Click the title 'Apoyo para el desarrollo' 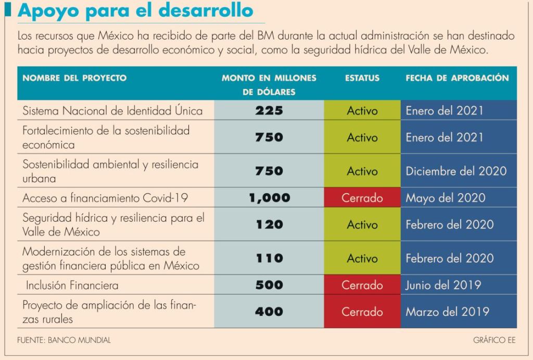click(x=136, y=11)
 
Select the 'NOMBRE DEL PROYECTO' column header click(x=74, y=78)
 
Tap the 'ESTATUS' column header click(x=362, y=78)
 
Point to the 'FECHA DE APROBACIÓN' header click(x=457, y=78)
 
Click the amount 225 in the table click(x=269, y=111)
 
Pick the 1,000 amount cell click(x=269, y=198)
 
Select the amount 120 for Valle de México click(x=269, y=225)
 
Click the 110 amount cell click(x=269, y=258)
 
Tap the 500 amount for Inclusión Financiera click(x=269, y=285)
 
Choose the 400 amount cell click(x=269, y=312)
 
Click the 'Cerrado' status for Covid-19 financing click(x=362, y=198)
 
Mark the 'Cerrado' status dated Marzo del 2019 click(x=362, y=312)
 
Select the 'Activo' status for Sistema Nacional click(x=362, y=111)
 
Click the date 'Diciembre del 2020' click(x=456, y=171)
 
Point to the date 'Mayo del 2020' click(x=446, y=198)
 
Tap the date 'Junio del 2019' click(x=443, y=285)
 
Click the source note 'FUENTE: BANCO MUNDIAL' click(x=64, y=340)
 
